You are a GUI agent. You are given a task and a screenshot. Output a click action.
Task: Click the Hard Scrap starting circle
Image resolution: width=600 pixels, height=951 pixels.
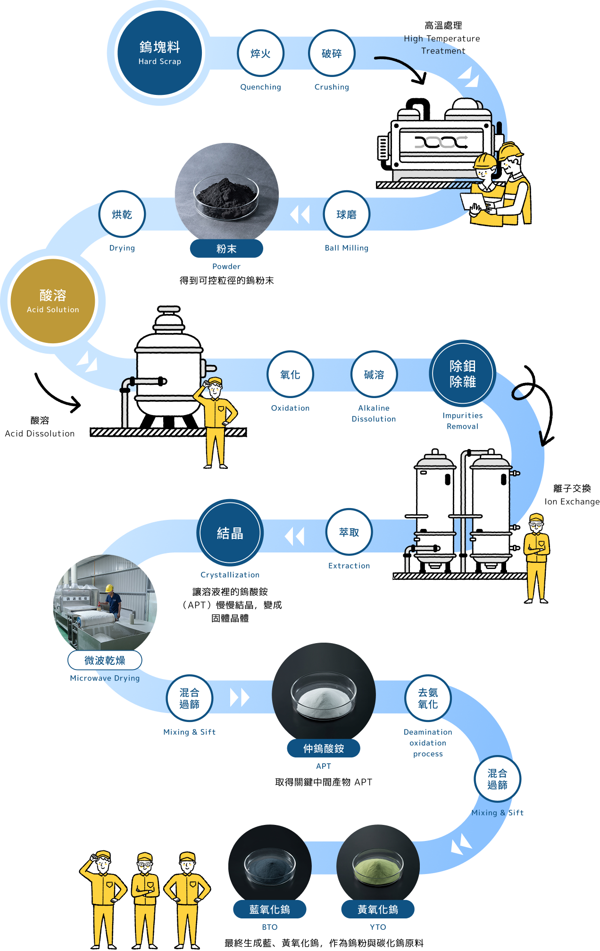point(160,53)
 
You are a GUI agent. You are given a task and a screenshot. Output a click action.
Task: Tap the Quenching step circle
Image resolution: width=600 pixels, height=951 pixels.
point(260,53)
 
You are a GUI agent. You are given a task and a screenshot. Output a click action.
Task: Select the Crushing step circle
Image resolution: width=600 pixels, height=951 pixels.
point(332,53)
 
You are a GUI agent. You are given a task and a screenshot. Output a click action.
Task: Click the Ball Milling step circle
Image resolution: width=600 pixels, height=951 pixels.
point(346,214)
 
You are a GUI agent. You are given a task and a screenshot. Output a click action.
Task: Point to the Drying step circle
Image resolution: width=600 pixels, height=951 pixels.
point(122,214)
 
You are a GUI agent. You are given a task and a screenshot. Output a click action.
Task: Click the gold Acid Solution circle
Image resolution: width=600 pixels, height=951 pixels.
point(53,301)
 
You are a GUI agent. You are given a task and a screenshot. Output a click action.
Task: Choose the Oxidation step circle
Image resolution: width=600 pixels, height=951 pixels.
point(290,374)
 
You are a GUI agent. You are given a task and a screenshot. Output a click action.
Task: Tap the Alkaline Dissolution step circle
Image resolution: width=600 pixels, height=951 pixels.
point(374,374)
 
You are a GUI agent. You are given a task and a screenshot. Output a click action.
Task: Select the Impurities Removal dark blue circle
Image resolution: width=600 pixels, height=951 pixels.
point(462,373)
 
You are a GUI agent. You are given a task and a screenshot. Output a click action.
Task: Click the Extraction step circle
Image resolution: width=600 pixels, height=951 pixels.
point(349,532)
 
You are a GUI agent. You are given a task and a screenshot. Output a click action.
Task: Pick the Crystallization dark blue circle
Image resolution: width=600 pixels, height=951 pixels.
point(230,533)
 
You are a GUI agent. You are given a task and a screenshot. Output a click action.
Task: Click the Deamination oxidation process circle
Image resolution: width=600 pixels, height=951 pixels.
point(428,698)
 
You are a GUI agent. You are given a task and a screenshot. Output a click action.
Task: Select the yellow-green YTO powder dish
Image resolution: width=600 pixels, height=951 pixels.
point(378,866)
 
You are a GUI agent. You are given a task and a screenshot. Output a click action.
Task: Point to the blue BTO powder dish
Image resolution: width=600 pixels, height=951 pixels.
point(270,866)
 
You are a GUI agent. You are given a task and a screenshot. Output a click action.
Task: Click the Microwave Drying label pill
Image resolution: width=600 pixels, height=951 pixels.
point(105,660)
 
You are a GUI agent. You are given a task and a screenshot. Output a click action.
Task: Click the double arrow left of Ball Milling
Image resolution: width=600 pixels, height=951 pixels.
point(300,214)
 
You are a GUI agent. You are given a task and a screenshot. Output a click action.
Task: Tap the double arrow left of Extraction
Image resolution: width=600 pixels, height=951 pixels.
point(295,536)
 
